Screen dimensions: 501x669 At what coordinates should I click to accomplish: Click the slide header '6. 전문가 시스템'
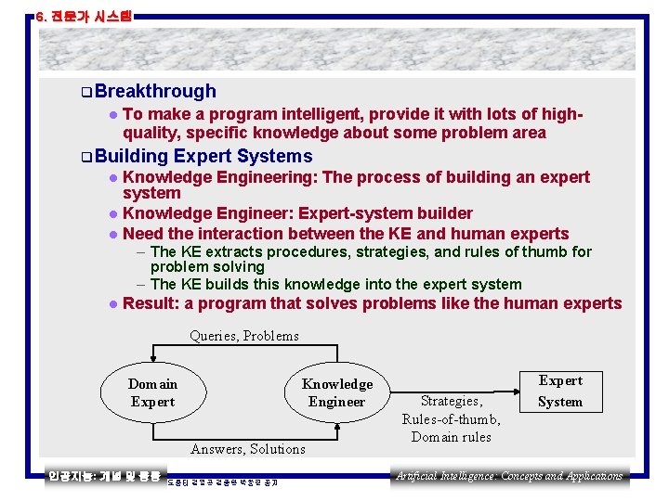click(84, 16)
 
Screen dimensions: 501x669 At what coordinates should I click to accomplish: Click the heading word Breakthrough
click(154, 91)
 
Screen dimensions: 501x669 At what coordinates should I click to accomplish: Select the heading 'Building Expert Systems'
click(203, 156)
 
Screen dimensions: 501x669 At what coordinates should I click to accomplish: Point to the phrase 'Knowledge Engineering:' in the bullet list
click(219, 177)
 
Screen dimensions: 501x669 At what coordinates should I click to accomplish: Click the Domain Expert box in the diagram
click(152, 392)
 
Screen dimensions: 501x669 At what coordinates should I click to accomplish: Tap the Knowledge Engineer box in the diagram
click(336, 392)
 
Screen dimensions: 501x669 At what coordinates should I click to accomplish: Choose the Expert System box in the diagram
click(560, 391)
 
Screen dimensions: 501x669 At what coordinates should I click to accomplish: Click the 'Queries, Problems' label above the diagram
click(244, 336)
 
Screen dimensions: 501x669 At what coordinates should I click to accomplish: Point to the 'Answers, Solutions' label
click(247, 449)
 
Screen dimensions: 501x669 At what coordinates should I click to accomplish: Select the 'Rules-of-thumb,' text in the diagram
click(451, 419)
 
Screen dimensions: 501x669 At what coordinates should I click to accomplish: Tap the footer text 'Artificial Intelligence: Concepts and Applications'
click(509, 476)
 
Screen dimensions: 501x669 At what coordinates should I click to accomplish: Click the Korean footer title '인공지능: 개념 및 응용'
click(105, 476)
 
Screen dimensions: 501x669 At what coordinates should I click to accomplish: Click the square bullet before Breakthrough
click(85, 92)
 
